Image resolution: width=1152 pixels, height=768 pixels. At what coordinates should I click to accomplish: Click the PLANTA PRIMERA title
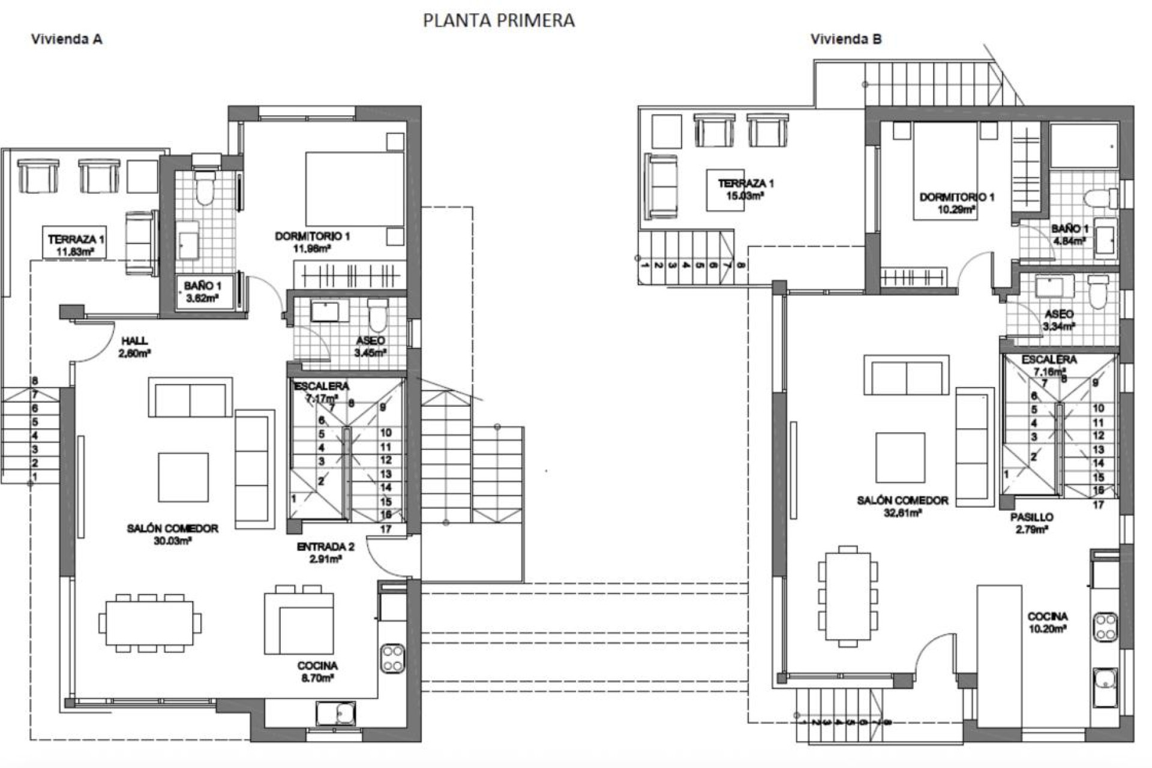[499, 20]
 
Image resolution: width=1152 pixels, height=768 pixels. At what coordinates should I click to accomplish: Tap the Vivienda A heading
[67, 40]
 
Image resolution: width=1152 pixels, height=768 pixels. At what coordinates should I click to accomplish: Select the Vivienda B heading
[846, 40]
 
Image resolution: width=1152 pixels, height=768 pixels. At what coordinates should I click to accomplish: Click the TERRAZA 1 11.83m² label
[75, 245]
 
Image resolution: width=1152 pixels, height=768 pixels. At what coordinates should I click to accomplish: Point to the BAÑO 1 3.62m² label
[202, 292]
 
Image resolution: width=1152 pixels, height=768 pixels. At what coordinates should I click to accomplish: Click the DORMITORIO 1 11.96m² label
[312, 242]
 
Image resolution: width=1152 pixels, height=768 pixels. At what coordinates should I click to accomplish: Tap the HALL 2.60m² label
[134, 347]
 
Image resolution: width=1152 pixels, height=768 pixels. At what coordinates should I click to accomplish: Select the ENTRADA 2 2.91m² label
[325, 553]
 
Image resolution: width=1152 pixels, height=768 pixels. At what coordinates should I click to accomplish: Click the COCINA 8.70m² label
[317, 671]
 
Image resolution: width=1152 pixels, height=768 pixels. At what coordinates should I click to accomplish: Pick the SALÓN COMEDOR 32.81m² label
[902, 506]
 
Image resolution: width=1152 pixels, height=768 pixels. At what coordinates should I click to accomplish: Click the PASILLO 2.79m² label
[1031, 523]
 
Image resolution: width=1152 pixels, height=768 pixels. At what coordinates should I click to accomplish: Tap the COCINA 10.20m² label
[1047, 622]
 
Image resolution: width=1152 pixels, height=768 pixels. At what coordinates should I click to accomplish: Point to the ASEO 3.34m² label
[1059, 320]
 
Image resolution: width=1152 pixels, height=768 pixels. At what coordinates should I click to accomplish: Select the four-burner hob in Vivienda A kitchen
[393, 658]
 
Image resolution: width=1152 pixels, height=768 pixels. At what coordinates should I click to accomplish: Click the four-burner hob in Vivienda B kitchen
[1105, 626]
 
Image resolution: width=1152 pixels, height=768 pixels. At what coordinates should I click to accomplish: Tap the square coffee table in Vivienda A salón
[183, 477]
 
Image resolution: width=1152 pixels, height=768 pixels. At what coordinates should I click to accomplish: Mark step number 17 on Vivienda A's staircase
[386, 529]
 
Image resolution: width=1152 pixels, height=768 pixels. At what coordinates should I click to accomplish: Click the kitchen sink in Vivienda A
[335, 713]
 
